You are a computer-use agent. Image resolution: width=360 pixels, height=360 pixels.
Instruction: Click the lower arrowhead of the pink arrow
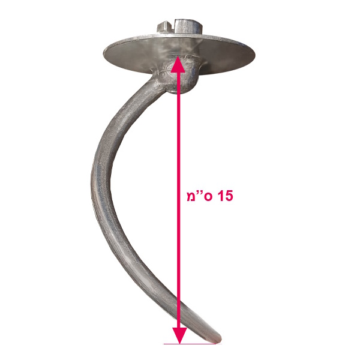coord(179,335)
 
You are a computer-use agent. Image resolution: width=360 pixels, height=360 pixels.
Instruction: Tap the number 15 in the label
coord(225,196)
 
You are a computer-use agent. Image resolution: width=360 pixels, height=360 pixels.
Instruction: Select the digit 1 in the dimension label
coord(220,196)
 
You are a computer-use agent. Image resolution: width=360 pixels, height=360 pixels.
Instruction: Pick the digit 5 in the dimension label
coord(229,196)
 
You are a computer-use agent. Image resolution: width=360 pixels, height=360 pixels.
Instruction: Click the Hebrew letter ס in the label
coord(208,197)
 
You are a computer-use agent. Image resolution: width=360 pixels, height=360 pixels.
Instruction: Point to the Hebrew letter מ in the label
coord(191,197)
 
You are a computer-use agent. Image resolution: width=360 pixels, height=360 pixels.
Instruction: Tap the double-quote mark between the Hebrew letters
coord(200,193)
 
